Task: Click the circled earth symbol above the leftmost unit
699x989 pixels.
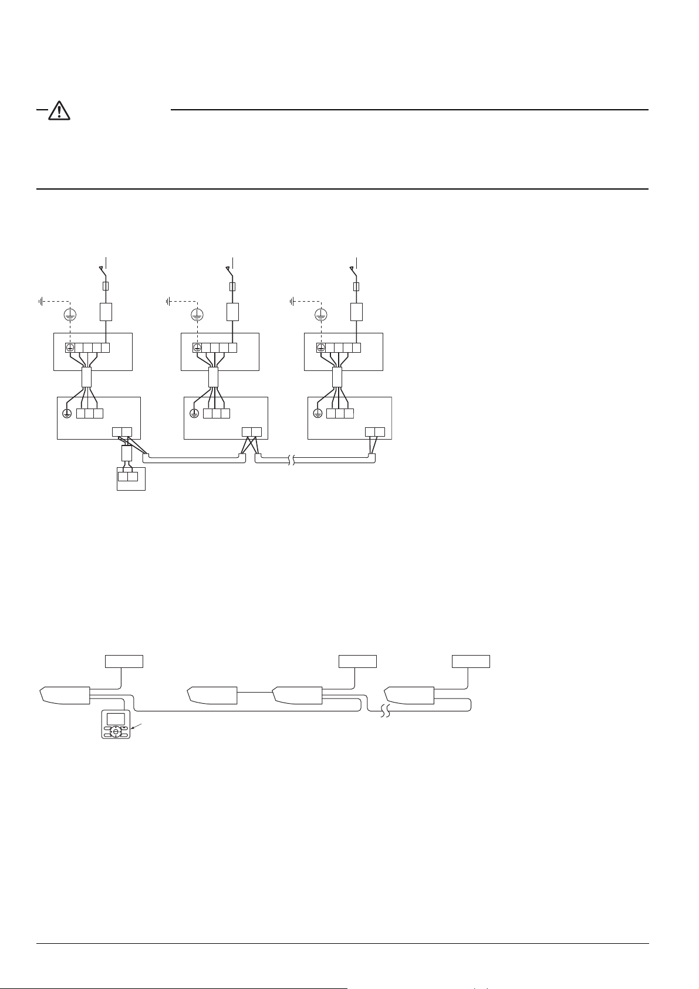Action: tap(70, 315)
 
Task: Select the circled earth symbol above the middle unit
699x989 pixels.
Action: tap(197, 315)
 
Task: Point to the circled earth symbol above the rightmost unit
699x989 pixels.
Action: tap(320, 315)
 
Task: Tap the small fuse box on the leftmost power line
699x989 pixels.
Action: tap(106, 286)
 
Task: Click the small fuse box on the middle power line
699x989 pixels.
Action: tap(233, 286)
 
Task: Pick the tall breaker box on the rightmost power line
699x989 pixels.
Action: tap(356, 312)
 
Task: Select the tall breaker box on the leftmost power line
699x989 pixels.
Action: tap(106, 312)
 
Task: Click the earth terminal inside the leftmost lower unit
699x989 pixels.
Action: tap(67, 413)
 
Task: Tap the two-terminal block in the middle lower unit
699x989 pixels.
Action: tap(252, 433)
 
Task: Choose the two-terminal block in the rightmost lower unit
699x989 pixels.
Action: tap(375, 433)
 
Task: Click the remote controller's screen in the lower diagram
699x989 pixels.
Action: tap(116, 718)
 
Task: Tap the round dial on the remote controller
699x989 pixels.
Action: tap(116, 731)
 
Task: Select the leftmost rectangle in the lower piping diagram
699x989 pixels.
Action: tap(124, 661)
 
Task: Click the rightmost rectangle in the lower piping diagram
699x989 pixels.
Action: tap(471, 661)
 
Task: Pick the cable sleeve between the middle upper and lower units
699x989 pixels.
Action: tap(213, 377)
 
